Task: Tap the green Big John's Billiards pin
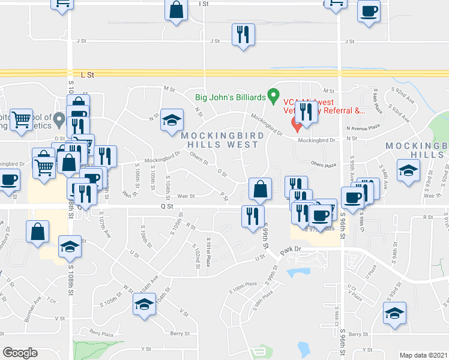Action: pos(274,95)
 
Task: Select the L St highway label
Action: pos(88,75)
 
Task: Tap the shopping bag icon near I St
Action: pos(175,10)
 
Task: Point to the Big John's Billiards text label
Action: pos(230,97)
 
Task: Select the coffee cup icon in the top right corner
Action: pos(368,11)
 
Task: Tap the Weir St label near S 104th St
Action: pos(186,196)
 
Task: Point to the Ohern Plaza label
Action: pos(325,163)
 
